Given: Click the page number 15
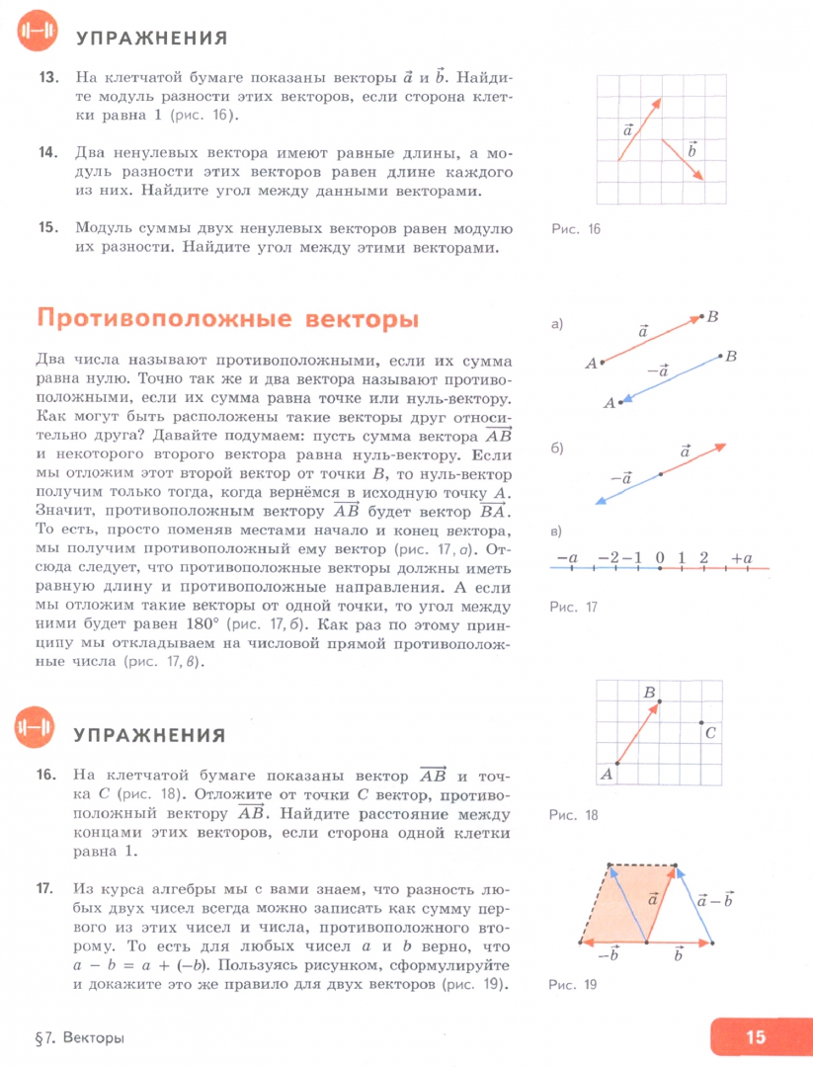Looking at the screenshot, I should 756,1036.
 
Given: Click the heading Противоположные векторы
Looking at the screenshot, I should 227,320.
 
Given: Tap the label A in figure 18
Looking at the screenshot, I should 607,776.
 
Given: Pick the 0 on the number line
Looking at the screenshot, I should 660,559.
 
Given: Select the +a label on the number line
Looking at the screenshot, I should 742,559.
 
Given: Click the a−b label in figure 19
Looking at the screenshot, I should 714,900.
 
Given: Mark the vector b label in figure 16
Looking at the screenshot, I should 691,149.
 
